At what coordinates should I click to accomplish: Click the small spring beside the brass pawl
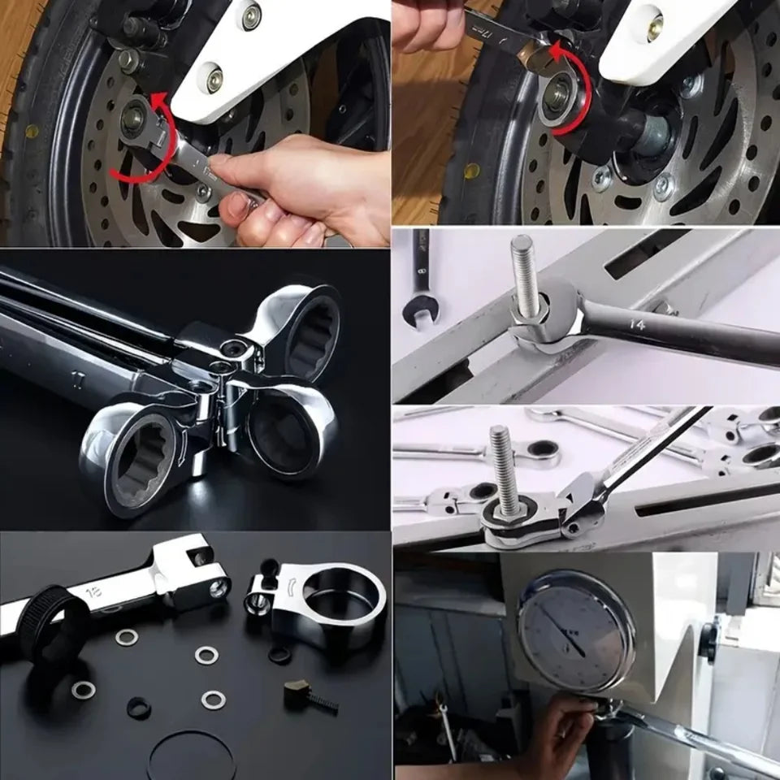click(x=323, y=704)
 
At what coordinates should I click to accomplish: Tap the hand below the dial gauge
click(x=561, y=731)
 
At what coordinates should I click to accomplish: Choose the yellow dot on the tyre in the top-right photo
click(x=471, y=171)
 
